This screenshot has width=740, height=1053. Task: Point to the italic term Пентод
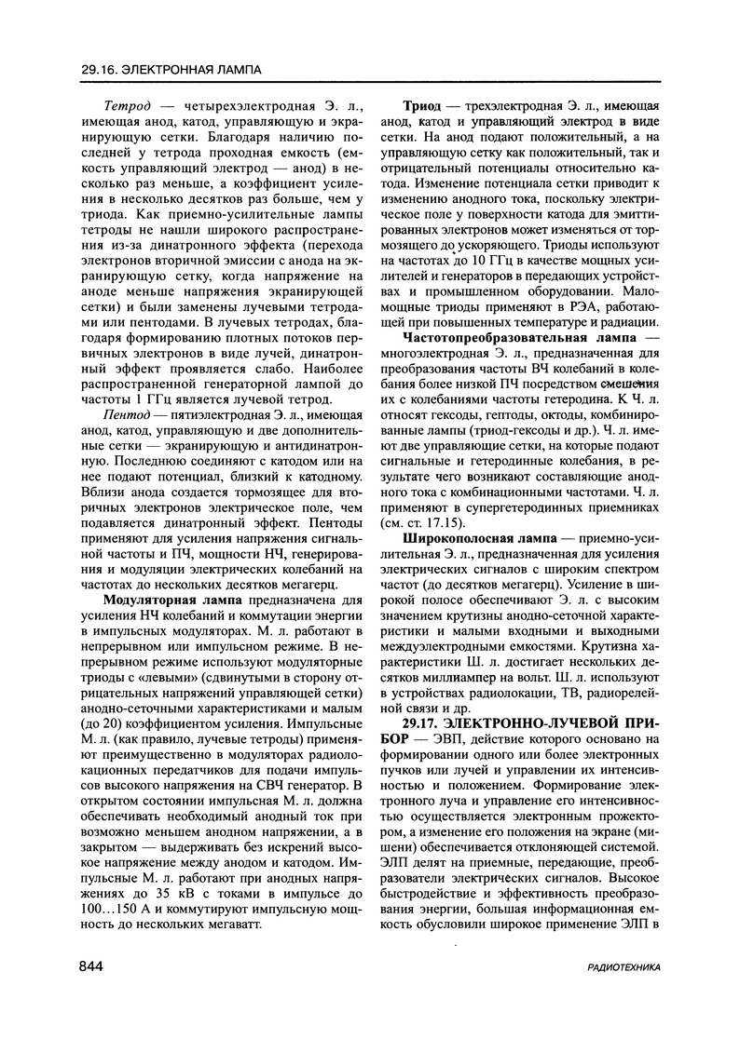pos(128,385)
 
